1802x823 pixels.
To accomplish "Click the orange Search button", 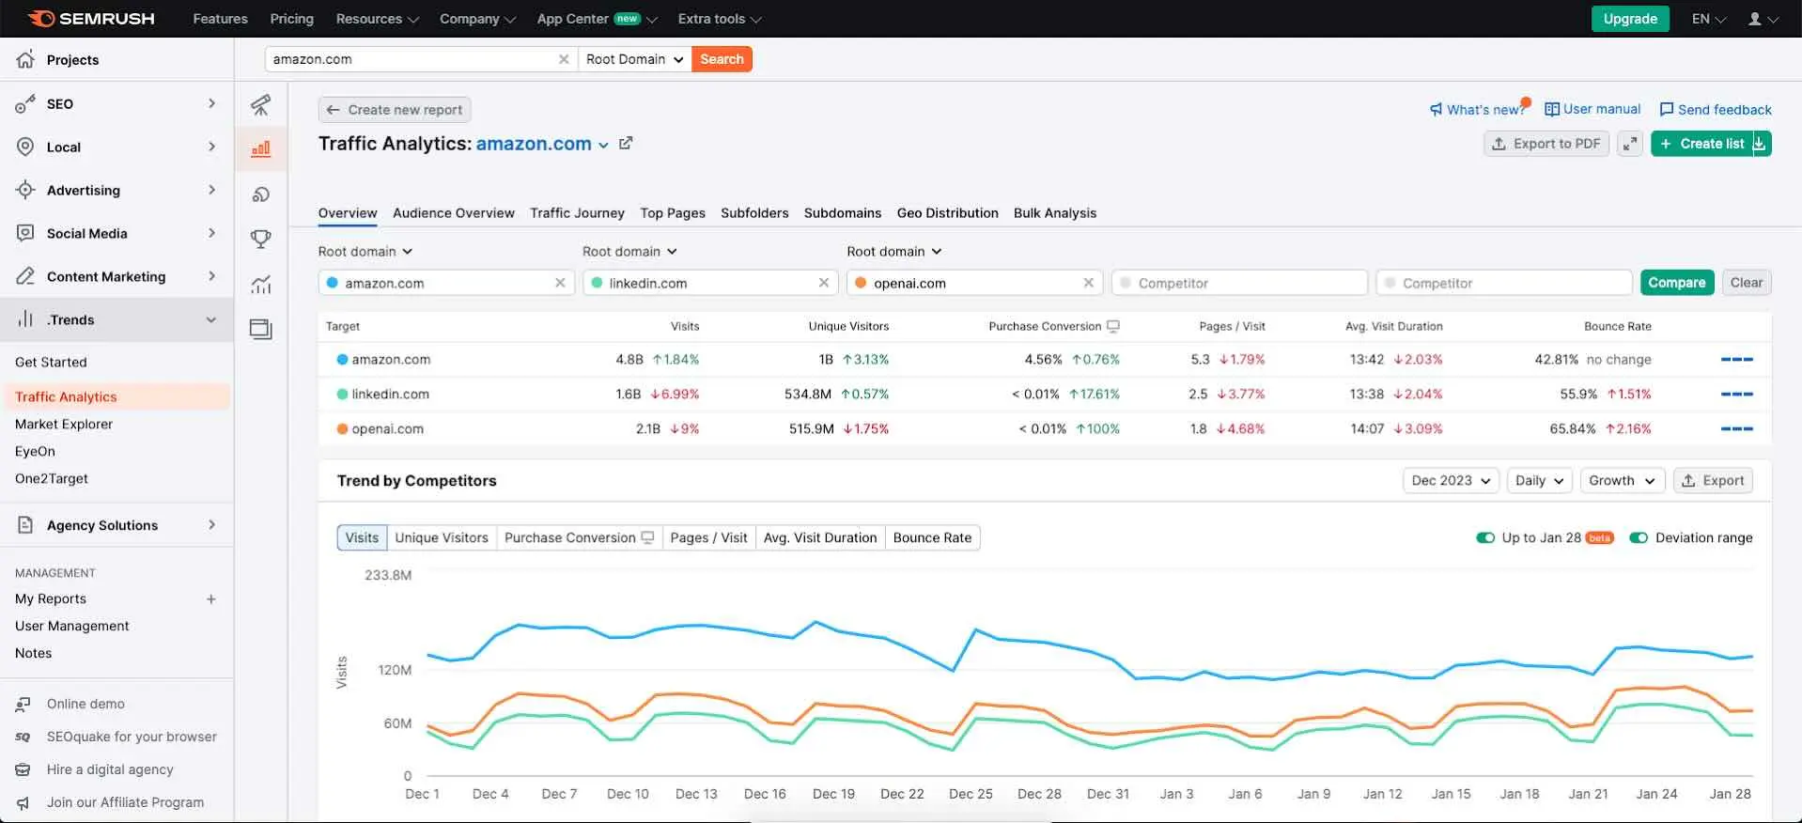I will point(721,59).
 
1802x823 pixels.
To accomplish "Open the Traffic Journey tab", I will point(577,213).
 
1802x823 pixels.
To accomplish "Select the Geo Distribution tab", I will point(947,213).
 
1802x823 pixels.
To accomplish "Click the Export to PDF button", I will point(1546,144).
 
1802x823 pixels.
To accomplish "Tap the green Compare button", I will point(1676,283).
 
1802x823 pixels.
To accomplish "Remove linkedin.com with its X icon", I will point(824,283).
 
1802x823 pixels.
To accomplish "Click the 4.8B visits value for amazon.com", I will point(629,360).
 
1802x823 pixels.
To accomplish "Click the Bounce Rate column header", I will point(1617,327).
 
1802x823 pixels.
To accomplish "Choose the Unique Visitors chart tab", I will point(442,538).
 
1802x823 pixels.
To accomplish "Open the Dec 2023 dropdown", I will point(1451,481).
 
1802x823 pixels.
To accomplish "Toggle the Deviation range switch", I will point(1639,538).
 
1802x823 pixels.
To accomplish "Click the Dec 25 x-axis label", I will point(971,794).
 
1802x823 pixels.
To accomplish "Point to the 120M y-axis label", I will point(395,671).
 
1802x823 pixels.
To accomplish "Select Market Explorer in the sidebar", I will point(64,425).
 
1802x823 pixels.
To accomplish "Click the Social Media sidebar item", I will point(86,234).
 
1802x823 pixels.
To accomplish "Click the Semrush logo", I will point(91,19).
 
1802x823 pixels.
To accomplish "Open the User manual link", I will point(1592,110).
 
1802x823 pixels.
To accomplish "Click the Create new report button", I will point(395,110).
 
